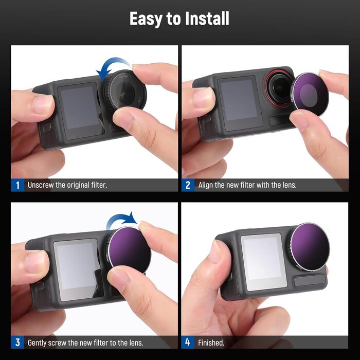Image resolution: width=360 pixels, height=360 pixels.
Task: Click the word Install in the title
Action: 201,19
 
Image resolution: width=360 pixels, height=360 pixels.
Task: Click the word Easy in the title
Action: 146,19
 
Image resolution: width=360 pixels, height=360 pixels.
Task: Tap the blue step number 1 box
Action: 17,185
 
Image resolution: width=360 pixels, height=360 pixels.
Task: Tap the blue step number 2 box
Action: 188,185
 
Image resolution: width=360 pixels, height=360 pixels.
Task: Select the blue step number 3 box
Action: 17,342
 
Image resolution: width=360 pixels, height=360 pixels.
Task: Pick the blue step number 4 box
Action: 188,342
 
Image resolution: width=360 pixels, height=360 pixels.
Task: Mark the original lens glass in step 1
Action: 125,91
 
